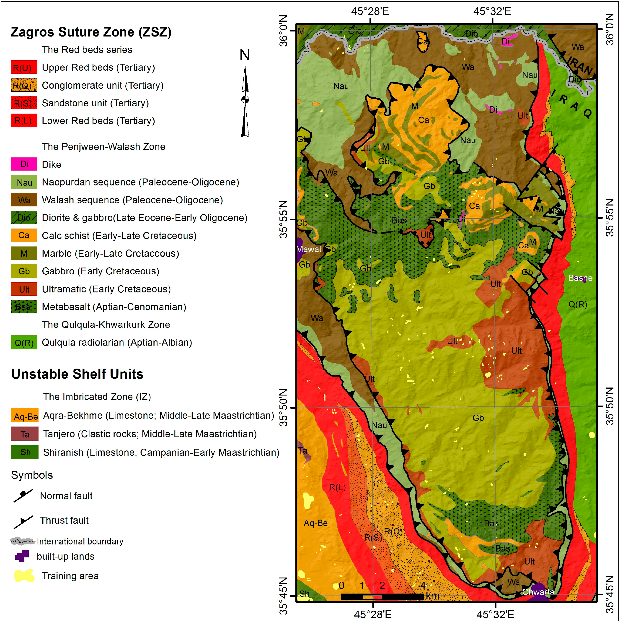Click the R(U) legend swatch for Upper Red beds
24,67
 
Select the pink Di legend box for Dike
24,164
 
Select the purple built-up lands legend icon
22,556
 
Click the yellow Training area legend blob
24,576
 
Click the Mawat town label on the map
309,249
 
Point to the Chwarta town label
538,592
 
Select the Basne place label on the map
580,278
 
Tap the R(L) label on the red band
337,487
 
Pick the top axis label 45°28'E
370,12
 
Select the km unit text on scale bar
432,596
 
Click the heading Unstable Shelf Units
77,374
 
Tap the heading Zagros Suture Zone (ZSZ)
91,32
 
